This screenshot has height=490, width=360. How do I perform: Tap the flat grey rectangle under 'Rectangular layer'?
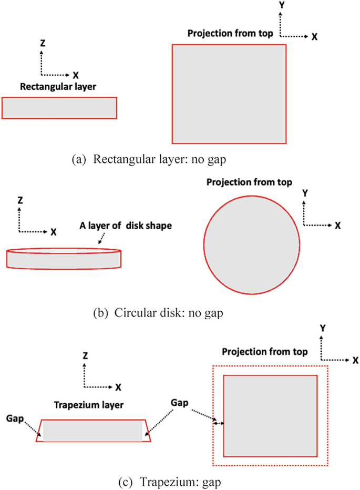point(59,108)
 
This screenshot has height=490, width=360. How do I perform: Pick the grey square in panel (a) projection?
point(229,94)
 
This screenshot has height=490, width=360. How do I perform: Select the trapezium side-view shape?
point(93,430)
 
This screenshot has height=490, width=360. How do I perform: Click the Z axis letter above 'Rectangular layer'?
point(43,44)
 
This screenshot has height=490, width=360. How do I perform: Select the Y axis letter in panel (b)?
point(304,193)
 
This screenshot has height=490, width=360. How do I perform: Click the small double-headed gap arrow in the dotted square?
point(218,423)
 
